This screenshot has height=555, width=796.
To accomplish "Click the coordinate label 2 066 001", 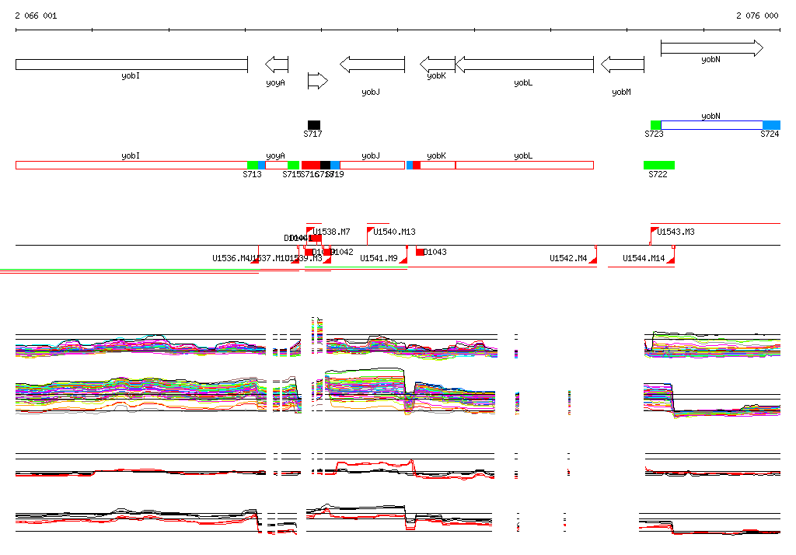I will [x=36, y=16].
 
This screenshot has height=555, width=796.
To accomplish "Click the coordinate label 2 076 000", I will [x=757, y=16].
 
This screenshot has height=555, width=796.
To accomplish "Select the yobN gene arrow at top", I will [x=711, y=49].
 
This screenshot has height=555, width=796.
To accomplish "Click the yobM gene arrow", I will [x=622, y=64].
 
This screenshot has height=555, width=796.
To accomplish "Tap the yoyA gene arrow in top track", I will [x=277, y=64].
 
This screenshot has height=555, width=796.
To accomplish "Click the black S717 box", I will [x=313, y=124].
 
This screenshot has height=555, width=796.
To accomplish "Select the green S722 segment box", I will [x=658, y=165].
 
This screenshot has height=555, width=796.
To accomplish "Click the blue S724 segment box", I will [x=771, y=125].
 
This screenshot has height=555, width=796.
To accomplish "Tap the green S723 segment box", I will [x=655, y=125].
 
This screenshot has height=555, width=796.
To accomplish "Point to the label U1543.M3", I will [x=676, y=232].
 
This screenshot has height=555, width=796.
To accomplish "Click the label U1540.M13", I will [x=394, y=232].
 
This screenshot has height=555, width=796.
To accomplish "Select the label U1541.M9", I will [x=379, y=258].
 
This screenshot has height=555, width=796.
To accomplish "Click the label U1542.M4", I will [x=568, y=258].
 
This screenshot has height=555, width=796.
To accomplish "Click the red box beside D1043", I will [x=420, y=252].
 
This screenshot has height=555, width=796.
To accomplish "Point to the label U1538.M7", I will [x=332, y=232].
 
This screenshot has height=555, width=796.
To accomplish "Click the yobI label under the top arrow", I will [x=131, y=76].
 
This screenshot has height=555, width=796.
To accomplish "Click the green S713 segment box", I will [x=252, y=165].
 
